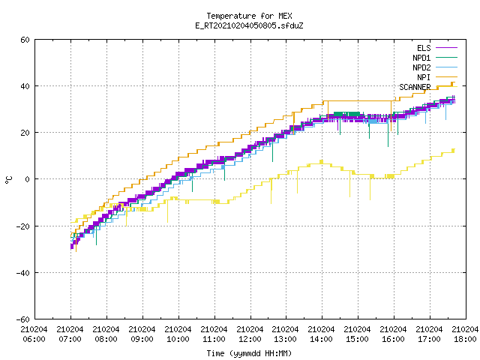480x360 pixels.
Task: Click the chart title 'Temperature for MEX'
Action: coord(249,16)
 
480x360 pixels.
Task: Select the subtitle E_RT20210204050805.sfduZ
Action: coord(249,25)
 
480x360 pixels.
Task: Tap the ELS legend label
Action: coord(424,48)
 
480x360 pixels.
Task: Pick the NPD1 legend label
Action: coord(421,58)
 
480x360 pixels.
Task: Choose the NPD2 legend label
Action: coord(421,67)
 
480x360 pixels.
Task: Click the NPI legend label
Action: coord(424,77)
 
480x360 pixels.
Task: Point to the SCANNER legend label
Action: coord(415,87)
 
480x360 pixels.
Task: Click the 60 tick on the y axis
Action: coord(25,40)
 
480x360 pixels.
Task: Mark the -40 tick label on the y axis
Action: coord(23,273)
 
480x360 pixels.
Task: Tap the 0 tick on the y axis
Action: coord(28,179)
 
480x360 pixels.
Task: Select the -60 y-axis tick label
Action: coord(23,319)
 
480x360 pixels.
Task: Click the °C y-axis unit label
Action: coord(8,180)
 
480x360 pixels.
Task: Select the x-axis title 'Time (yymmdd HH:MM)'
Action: coord(249,353)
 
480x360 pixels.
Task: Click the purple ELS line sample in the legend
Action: coord(447,48)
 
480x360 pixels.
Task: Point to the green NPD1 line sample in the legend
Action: coord(447,58)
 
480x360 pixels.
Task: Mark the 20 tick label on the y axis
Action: coord(25,133)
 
